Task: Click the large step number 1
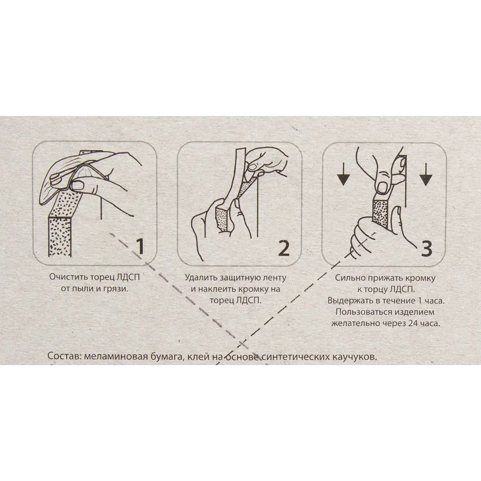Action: click(x=140, y=247)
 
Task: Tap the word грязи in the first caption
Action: click(x=115, y=289)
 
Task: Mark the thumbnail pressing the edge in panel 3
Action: click(x=382, y=188)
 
